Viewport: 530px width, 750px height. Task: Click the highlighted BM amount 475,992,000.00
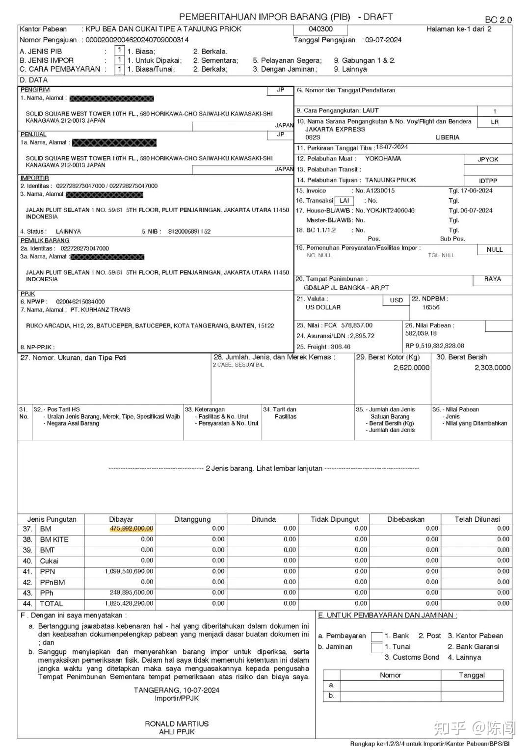tap(132, 529)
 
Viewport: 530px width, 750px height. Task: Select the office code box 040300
tap(321, 29)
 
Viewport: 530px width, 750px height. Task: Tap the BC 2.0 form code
tap(498, 20)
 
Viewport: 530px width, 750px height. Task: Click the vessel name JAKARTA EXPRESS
tap(336, 129)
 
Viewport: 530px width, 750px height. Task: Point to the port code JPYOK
tap(488, 160)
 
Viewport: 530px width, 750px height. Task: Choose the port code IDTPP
tap(488, 181)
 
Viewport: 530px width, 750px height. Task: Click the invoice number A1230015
tap(380, 190)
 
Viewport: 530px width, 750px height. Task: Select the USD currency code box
tap(396, 300)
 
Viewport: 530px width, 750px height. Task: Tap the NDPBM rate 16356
tap(431, 307)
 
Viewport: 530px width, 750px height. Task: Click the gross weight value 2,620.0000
tap(411, 368)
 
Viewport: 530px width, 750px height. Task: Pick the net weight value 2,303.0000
tap(492, 368)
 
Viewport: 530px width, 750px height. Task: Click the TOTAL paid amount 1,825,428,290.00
tap(129, 603)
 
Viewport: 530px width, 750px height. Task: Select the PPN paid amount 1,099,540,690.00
tap(129, 571)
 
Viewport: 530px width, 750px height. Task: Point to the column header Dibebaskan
tap(405, 519)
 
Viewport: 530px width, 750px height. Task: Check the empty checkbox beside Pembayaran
tap(376, 637)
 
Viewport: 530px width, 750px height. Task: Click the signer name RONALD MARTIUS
tap(177, 723)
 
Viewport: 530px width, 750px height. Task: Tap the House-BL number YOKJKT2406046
tap(391, 210)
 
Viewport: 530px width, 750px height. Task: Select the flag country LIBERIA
tap(448, 137)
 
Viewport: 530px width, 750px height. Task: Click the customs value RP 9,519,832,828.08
tap(434, 346)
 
